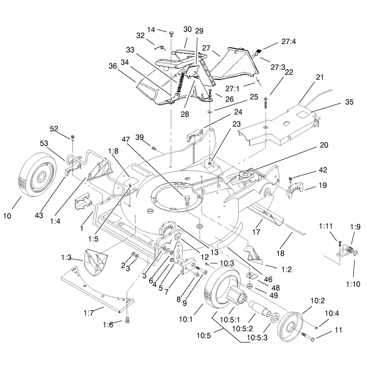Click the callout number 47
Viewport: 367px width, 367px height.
[126, 139]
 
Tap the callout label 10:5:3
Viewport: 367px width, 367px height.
[257, 338]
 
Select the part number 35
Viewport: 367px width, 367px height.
[349, 102]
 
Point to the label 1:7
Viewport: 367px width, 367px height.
[89, 313]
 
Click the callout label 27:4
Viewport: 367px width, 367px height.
[289, 41]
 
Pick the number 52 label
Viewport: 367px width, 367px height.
[54, 129]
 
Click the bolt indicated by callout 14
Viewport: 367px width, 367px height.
[171, 34]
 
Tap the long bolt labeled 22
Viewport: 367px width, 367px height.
[266, 102]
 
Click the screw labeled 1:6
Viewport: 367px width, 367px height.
[128, 320]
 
